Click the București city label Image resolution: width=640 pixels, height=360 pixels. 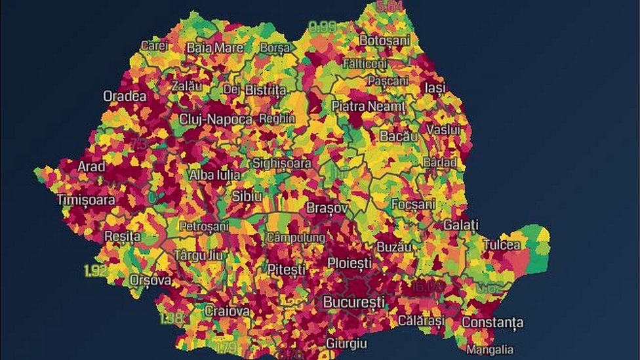point(353,302)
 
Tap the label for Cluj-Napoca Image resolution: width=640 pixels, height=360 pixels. point(216,119)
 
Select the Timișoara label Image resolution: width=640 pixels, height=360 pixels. point(86,200)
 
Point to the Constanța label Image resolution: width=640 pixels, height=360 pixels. point(492,323)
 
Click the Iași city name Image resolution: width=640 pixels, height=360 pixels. point(434,87)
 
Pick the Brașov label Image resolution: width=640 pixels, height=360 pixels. point(327,208)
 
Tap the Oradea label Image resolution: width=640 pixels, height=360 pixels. point(125,96)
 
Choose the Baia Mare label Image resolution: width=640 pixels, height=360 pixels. point(214,48)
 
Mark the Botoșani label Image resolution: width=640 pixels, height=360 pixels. point(384,40)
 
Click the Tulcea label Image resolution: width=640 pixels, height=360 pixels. point(502,245)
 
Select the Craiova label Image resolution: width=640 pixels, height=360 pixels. point(227,311)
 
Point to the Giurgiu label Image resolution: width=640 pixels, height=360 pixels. point(346,344)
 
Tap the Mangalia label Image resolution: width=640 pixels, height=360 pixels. point(489,350)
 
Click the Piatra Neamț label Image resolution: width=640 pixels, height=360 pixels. point(368,106)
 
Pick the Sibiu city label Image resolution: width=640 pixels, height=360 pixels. point(247,196)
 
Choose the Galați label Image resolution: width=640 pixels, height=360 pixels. point(460,225)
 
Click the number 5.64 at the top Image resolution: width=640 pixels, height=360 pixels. point(390,7)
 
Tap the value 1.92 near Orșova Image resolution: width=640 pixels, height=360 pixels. point(95,270)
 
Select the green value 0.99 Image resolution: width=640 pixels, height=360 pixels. point(322,27)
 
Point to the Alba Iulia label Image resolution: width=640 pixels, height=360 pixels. point(214,175)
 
